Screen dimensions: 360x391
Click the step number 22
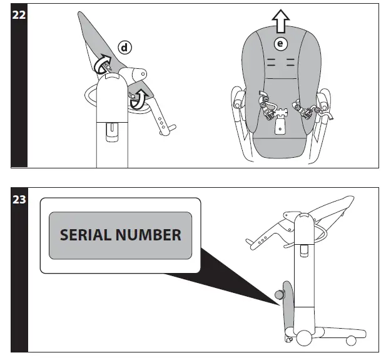19,14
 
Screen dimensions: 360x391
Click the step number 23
19,202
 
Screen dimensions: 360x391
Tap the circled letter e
281,43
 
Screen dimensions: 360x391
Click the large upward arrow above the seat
281,22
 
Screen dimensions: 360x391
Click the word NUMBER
148,235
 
